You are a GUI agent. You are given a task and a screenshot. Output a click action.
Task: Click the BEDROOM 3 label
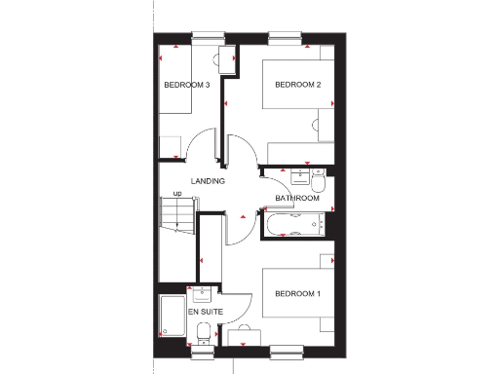pos(188,85)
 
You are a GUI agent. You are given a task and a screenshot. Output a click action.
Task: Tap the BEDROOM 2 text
pos(298,85)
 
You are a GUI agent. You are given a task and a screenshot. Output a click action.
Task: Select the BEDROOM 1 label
pos(297,294)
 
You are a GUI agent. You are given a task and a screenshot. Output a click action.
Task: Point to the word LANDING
pos(208,181)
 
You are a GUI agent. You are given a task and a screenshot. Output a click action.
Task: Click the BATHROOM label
pos(297,199)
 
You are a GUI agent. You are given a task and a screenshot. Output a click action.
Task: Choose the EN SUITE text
pos(206,312)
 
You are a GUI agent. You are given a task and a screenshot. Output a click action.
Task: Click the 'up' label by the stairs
pos(177,194)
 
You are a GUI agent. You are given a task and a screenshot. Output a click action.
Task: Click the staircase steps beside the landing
pos(176,218)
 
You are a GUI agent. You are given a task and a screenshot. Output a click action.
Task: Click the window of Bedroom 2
pos(284,38)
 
